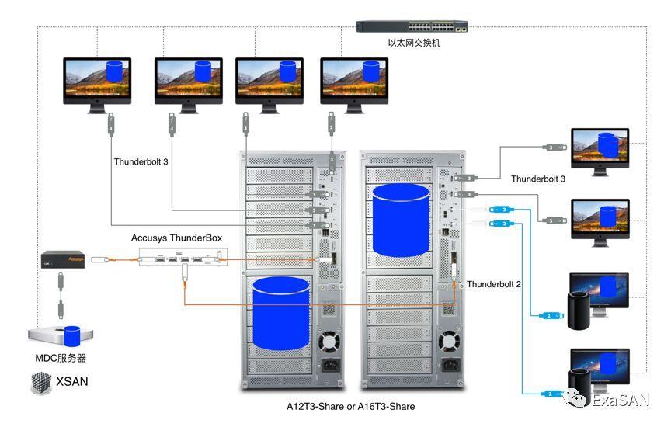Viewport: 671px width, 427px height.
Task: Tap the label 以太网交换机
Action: (x=414, y=43)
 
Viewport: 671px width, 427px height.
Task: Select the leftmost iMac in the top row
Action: (x=96, y=81)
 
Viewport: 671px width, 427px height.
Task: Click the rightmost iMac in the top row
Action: (x=353, y=81)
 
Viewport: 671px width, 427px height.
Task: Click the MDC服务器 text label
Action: (x=61, y=358)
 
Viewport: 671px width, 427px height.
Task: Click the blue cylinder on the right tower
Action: (x=401, y=219)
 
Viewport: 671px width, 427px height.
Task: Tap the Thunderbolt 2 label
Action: (x=494, y=284)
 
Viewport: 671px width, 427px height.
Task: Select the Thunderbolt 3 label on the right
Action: (x=538, y=179)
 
